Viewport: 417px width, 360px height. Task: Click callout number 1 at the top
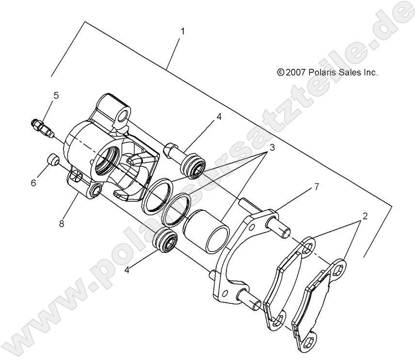pyautogui.click(x=182, y=32)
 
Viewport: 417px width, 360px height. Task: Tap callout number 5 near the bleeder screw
pyautogui.click(x=56, y=95)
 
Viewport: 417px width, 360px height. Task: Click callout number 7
pyautogui.click(x=316, y=187)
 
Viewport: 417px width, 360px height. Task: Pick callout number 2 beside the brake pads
pyautogui.click(x=365, y=215)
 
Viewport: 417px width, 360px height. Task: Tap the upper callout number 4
pyautogui.click(x=219, y=117)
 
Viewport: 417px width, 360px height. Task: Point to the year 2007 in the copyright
pyautogui.click(x=295, y=73)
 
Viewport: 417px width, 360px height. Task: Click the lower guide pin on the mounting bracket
pyautogui.click(x=252, y=301)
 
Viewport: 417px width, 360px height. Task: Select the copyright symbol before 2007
pyautogui.click(x=280, y=73)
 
